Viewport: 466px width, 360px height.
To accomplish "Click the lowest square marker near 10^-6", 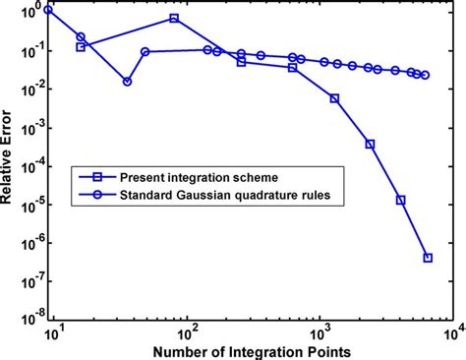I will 429,258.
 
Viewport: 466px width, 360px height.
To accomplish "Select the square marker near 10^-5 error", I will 401,200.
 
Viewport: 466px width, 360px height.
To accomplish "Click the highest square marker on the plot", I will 174,19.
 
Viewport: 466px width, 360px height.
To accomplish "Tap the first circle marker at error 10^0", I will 49,10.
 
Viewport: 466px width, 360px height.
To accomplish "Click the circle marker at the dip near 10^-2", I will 127,82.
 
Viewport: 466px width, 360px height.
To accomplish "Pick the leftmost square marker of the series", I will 81,46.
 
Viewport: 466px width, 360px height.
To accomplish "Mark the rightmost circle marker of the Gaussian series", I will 425,75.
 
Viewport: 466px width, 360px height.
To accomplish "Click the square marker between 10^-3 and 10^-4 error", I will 370,144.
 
